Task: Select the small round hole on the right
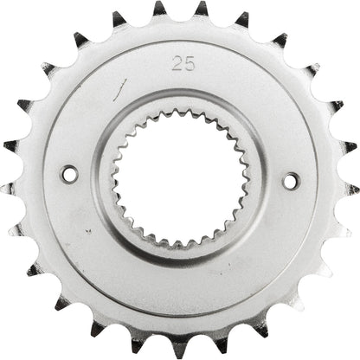(290, 180)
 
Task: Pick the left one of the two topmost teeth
(159, 10)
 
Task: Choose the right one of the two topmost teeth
(202, 10)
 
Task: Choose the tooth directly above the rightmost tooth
(349, 146)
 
